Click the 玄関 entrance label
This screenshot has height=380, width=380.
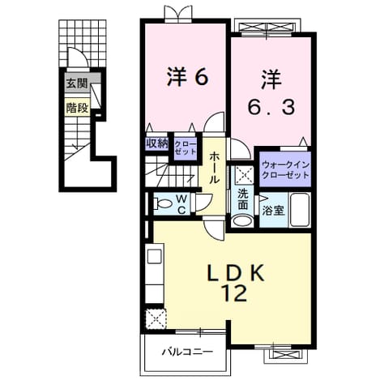[x=77, y=83]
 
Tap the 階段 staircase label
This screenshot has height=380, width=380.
[x=77, y=108]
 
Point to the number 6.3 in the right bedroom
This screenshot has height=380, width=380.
[x=271, y=107]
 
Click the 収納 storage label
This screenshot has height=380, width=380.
[x=157, y=143]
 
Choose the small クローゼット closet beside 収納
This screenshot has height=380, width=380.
[x=185, y=147]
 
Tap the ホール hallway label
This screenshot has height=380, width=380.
[x=214, y=168]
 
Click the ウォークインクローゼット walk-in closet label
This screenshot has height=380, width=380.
[x=285, y=169]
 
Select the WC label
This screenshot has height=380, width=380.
[x=181, y=204]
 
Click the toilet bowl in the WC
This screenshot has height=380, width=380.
[x=163, y=203]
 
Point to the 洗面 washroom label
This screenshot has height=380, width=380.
[x=242, y=199]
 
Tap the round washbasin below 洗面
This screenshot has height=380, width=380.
[x=242, y=220]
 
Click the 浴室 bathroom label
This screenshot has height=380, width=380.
[x=273, y=211]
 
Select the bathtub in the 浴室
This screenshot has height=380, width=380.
[x=299, y=210]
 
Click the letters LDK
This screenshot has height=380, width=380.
[x=235, y=273]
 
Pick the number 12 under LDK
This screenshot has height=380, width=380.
[x=234, y=293]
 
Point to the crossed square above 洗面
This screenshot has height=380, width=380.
[x=244, y=175]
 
